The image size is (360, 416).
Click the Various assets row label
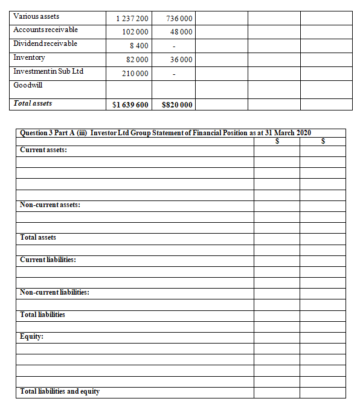pyautogui.click(x=36, y=16)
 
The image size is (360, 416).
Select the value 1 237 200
pyautogui.click(x=132, y=18)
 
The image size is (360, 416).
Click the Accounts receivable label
pyautogui.click(x=45, y=30)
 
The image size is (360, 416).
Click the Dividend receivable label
pyautogui.click(x=45, y=43)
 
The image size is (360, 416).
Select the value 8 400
pyautogui.click(x=140, y=46)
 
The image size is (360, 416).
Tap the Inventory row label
pyautogui.click(x=29, y=57)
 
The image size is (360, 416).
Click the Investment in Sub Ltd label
pyautogui.click(x=48, y=71)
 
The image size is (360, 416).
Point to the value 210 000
pyautogui.click(x=135, y=74)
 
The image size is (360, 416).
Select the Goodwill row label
pyautogui.click(x=28, y=85)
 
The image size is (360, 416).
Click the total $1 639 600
pyautogui.click(x=130, y=105)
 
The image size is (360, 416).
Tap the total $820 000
pyautogui.click(x=178, y=105)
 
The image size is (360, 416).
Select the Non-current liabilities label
pyautogui.click(x=54, y=292)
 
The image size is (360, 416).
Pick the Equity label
pyautogui.click(x=31, y=337)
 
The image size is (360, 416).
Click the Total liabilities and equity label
pyautogui.click(x=60, y=392)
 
